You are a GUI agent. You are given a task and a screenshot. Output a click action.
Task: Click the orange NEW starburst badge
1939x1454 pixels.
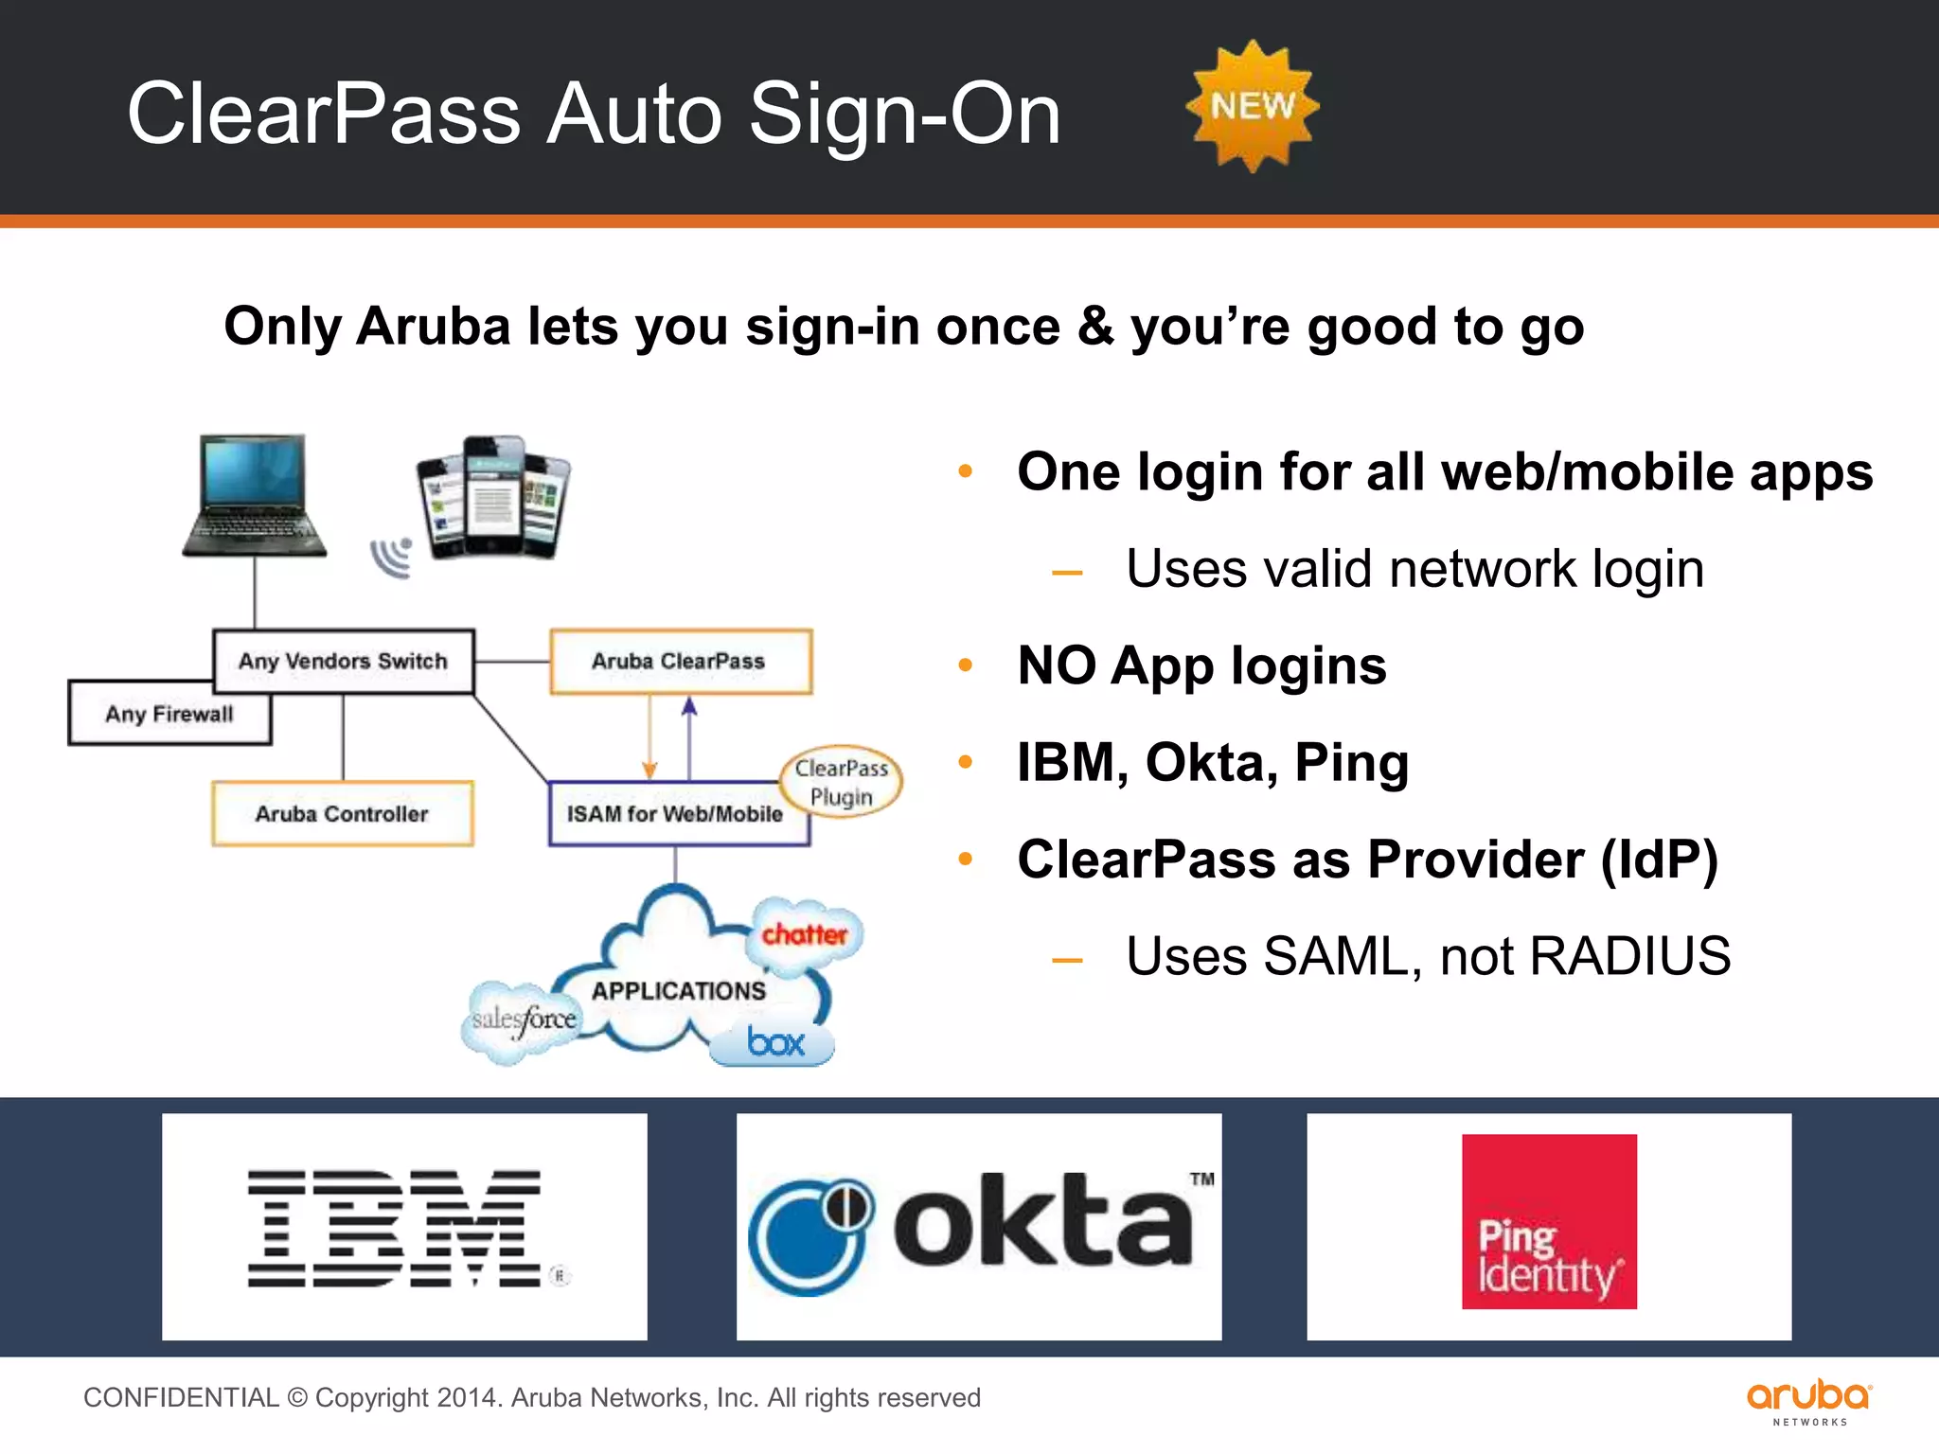1252,106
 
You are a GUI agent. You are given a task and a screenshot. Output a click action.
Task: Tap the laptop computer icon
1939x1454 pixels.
254,497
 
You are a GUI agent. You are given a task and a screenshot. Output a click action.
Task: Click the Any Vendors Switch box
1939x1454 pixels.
343,661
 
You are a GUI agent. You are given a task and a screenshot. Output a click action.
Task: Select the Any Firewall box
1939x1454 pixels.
169,714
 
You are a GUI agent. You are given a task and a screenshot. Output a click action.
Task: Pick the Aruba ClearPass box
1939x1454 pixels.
680,661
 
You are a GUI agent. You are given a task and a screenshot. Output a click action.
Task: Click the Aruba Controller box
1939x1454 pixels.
342,813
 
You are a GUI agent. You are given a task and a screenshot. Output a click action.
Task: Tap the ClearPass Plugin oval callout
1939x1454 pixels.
842,782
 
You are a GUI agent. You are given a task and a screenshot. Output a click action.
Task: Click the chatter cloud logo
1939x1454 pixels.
806,934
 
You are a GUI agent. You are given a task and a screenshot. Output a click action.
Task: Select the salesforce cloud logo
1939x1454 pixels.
524,1020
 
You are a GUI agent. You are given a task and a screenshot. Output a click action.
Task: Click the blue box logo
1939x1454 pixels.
774,1042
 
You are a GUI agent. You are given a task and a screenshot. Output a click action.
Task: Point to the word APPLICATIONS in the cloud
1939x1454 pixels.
679,990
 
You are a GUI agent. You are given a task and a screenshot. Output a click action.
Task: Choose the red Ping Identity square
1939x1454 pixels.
1549,1221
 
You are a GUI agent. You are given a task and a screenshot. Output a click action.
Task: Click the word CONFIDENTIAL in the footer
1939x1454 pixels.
181,1398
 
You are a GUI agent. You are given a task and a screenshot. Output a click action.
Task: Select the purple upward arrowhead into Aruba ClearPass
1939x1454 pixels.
689,706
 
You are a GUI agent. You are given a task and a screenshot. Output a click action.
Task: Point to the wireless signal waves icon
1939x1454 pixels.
393,558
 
